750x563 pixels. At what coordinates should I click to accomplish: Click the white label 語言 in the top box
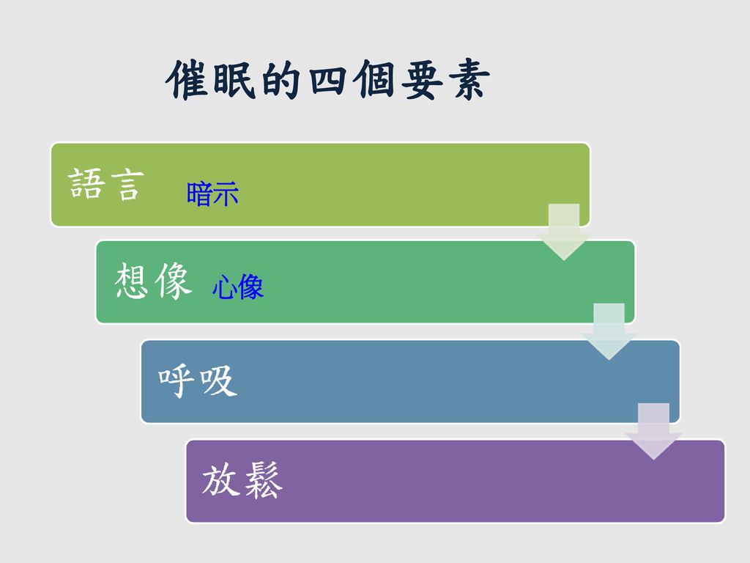105,184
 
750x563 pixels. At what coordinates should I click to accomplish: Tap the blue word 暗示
212,194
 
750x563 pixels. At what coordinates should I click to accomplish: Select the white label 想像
152,281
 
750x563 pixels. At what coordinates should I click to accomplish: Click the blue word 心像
238,287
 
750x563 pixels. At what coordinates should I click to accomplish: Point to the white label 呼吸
198,381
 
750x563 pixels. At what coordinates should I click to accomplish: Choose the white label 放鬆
242,480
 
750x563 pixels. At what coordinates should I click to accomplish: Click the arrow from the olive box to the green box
564,232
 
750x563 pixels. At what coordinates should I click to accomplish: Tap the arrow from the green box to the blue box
609,331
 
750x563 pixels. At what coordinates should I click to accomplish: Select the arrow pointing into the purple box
654,431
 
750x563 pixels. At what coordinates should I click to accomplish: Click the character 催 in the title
187,80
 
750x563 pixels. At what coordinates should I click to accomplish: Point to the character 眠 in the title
233,80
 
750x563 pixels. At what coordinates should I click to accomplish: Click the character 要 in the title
422,80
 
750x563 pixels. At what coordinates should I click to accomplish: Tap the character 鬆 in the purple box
263,480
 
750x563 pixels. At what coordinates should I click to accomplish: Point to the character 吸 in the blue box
218,381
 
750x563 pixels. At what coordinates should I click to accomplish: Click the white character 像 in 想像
173,281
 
